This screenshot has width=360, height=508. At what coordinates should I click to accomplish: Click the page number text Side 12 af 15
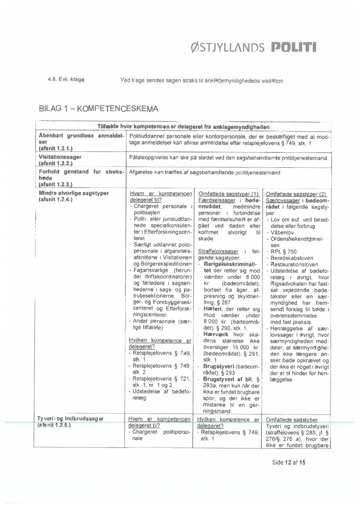(289, 462)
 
